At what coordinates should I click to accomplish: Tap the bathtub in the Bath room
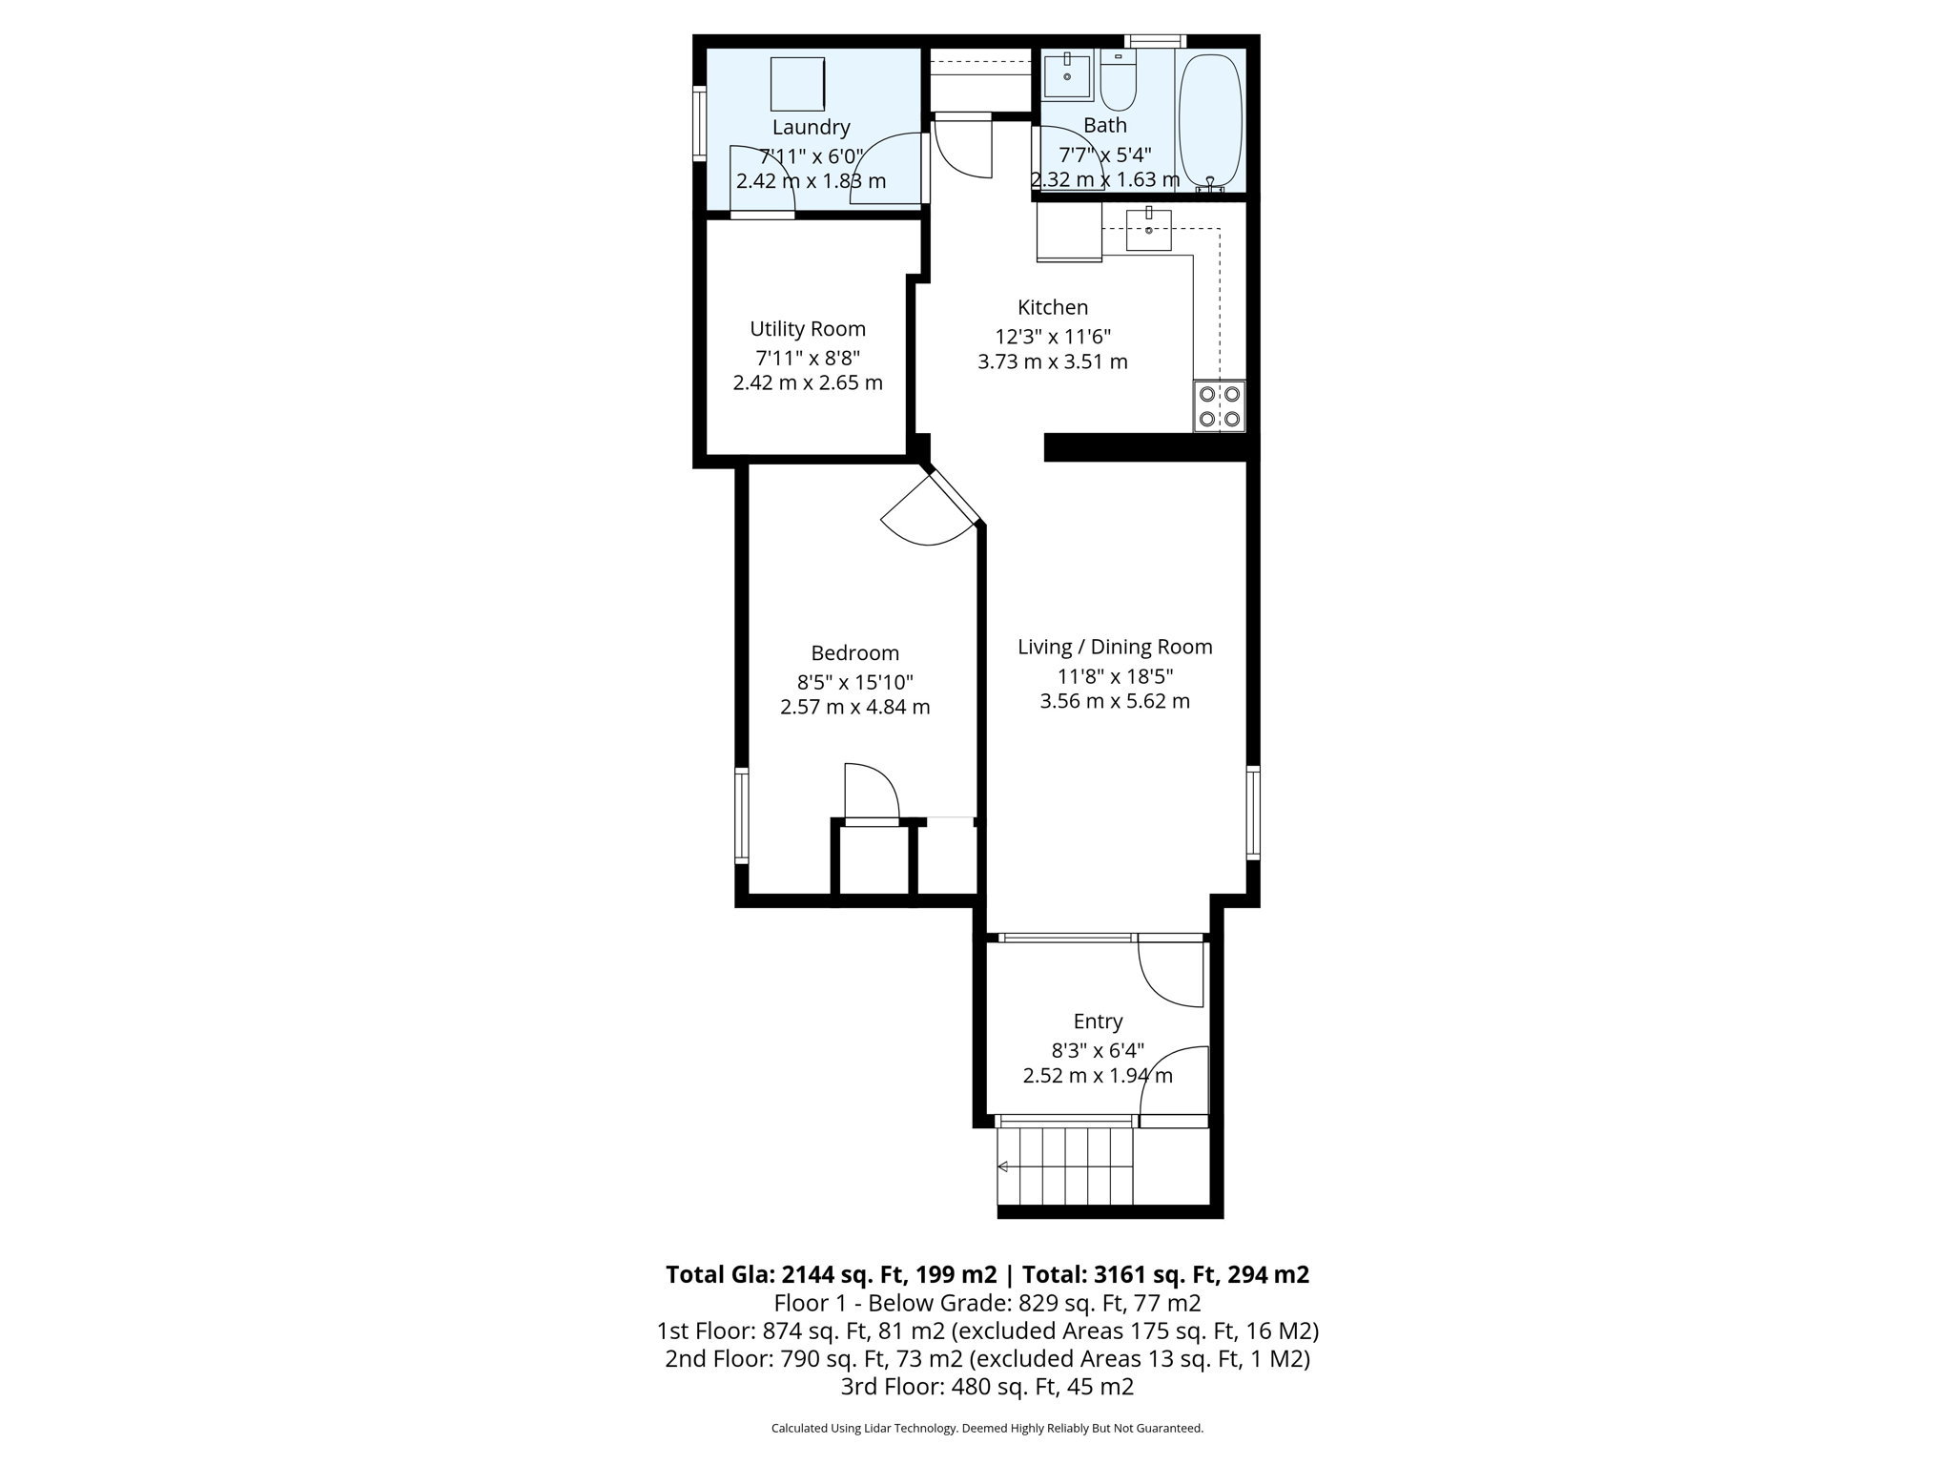[x=1210, y=118]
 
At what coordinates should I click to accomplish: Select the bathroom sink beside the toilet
[x=1067, y=76]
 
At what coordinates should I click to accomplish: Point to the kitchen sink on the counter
[x=1148, y=229]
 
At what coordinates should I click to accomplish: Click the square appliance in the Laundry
[x=797, y=84]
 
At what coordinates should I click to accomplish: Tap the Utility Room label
[x=808, y=329]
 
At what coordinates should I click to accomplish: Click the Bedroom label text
[x=854, y=653]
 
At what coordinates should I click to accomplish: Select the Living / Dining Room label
[x=1115, y=647]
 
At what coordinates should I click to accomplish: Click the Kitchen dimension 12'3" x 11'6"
[x=1053, y=337]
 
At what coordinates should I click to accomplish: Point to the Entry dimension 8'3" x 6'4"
[x=1098, y=1050]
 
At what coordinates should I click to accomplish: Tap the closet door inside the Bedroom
[x=872, y=792]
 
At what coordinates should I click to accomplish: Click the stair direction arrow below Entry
[x=1003, y=1166]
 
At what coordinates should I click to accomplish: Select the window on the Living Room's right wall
[x=1254, y=813]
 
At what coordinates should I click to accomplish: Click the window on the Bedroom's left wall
[x=741, y=816]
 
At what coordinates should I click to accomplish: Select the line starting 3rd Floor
[x=987, y=1386]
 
